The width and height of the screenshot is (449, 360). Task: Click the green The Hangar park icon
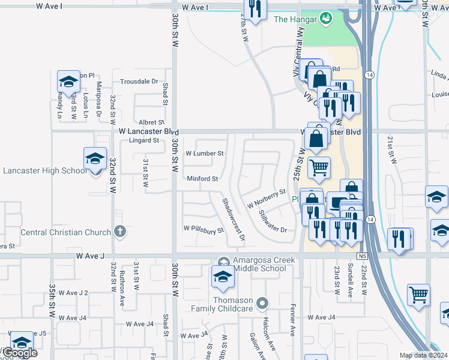click(x=326, y=19)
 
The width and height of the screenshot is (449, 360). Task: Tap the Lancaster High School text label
click(x=45, y=170)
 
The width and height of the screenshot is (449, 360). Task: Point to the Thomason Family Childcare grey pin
click(x=261, y=304)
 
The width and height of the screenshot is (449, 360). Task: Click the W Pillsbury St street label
click(x=203, y=229)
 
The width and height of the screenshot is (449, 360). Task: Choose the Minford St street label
click(x=202, y=179)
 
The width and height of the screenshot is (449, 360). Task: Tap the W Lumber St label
click(x=203, y=154)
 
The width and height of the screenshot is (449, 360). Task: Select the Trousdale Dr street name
click(x=139, y=82)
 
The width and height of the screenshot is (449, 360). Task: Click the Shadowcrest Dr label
click(x=234, y=220)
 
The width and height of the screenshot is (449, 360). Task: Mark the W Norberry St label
click(x=266, y=199)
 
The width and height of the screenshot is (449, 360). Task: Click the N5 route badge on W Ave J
click(x=361, y=256)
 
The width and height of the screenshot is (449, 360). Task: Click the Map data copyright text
click(x=423, y=355)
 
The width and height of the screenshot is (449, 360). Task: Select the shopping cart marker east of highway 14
click(x=418, y=293)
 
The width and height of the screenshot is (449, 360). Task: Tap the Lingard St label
click(x=143, y=141)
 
